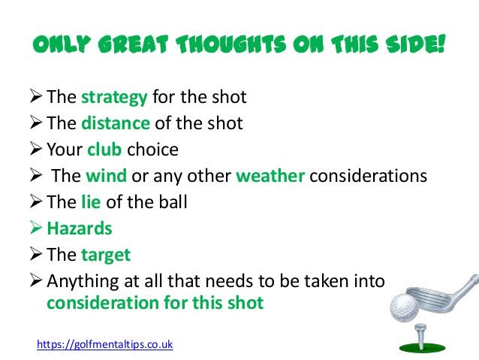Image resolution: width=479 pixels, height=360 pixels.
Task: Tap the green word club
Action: click(x=104, y=150)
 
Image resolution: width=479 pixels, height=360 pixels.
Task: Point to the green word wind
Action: click(x=105, y=176)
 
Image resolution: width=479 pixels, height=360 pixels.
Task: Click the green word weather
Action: click(x=270, y=176)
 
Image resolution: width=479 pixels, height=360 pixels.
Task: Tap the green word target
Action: click(x=106, y=255)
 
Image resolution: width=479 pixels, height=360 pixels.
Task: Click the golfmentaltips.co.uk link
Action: click(x=105, y=344)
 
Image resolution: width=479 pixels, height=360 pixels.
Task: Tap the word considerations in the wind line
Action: click(x=368, y=176)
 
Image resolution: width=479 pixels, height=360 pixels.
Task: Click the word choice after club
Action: click(x=152, y=150)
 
